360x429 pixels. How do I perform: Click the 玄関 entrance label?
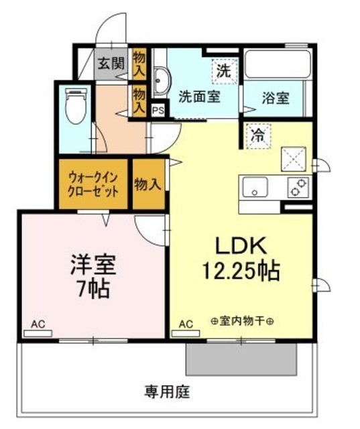click(x=111, y=64)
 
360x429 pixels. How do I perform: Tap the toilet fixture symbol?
click(x=74, y=108)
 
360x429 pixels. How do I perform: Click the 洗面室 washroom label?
click(x=199, y=97)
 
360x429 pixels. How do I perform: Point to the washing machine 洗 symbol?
click(x=223, y=69)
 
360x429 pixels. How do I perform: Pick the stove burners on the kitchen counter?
click(x=298, y=188)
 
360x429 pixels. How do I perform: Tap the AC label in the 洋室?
click(x=38, y=325)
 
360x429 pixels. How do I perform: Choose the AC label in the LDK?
click(x=186, y=325)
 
